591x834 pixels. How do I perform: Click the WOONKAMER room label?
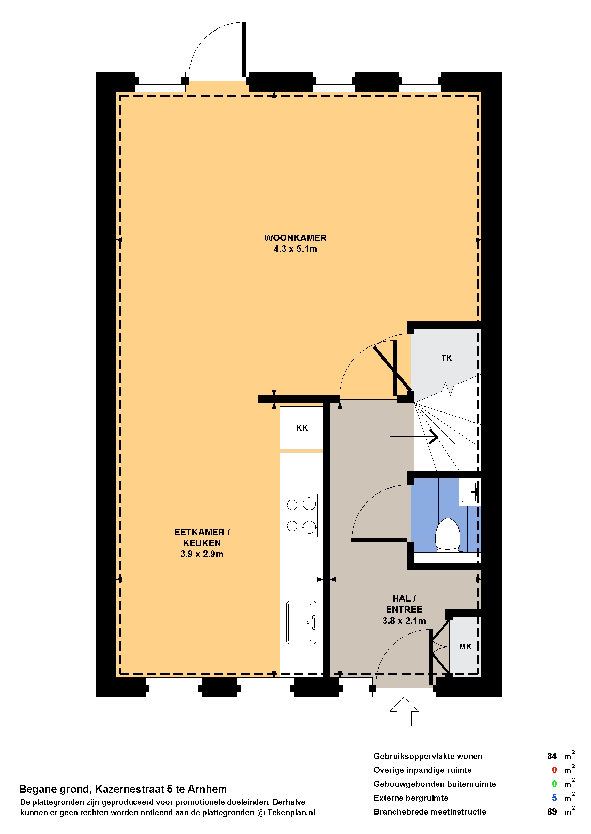(x=295, y=238)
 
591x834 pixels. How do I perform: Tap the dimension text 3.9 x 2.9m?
(x=202, y=554)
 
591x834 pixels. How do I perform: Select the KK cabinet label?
(x=302, y=428)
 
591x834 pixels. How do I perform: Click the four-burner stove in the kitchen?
(x=301, y=515)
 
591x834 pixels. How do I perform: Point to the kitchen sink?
(x=301, y=622)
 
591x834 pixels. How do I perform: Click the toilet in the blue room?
(x=448, y=535)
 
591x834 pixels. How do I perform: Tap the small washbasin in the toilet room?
(x=470, y=492)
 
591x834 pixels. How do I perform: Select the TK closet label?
(x=446, y=358)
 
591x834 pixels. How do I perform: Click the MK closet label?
(x=465, y=647)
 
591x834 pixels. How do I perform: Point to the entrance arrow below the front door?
(x=404, y=711)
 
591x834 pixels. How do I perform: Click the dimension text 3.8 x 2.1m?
(x=404, y=621)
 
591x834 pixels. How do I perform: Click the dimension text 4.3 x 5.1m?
(x=295, y=249)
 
